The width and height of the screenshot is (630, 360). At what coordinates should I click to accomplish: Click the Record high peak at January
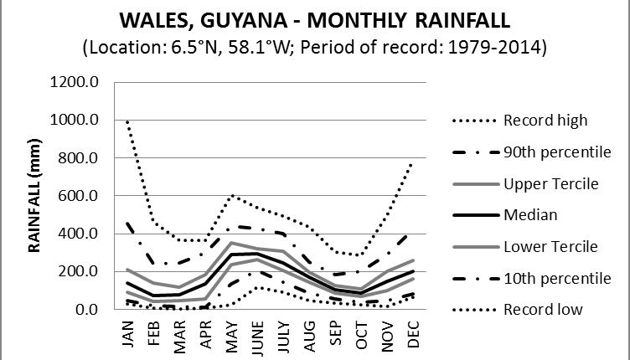point(128,122)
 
